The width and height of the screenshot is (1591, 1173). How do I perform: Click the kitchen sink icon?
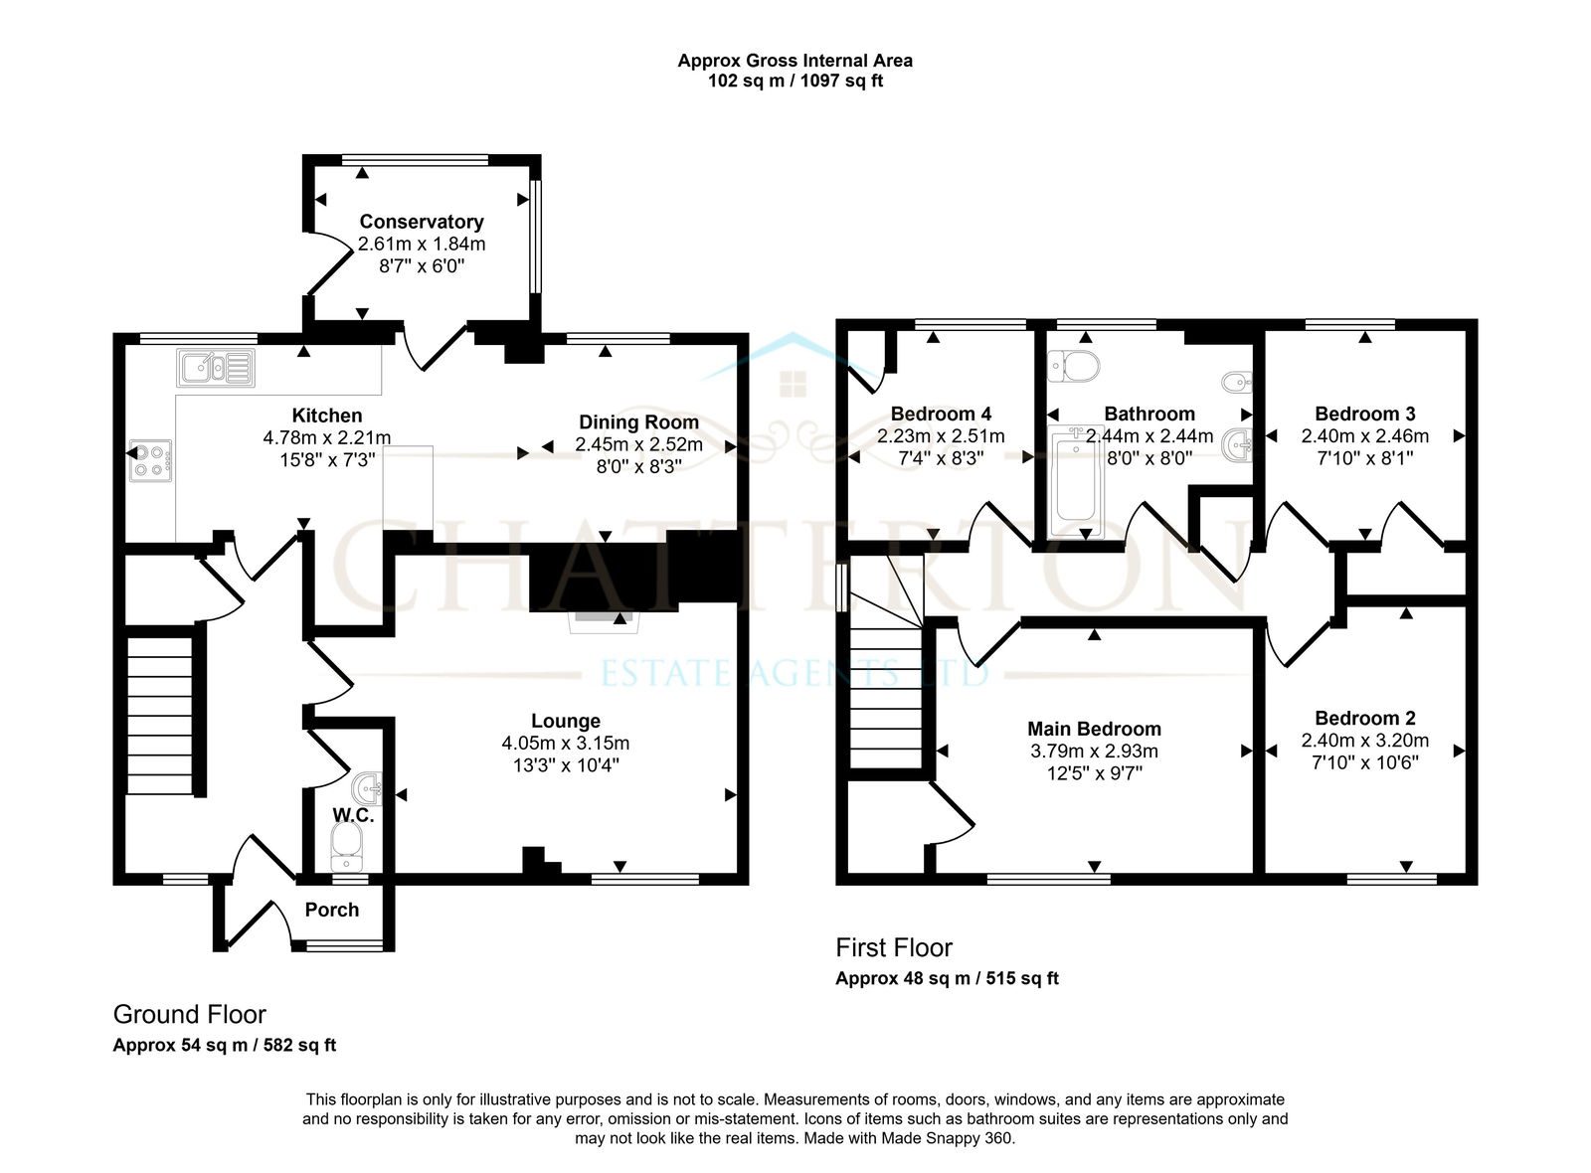click(x=216, y=369)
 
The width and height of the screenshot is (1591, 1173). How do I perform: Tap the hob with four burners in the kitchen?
click(x=150, y=461)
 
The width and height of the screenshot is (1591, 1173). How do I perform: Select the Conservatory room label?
click(x=422, y=222)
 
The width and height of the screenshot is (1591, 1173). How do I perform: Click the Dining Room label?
click(x=638, y=421)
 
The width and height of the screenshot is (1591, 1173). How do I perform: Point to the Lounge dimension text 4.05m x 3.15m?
click(x=566, y=743)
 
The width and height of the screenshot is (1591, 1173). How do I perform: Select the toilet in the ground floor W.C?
click(x=347, y=848)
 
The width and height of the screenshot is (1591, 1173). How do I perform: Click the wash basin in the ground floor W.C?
click(x=367, y=789)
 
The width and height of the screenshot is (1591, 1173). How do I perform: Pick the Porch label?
click(x=332, y=910)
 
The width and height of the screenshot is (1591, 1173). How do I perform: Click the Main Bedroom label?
click(x=1094, y=729)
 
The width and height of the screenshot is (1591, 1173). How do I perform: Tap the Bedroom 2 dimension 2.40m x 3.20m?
click(x=1364, y=740)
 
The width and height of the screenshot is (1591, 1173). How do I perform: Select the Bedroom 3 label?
click(x=1364, y=414)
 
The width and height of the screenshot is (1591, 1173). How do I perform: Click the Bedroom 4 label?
click(x=941, y=414)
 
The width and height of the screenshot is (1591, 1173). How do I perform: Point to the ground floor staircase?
click(x=160, y=716)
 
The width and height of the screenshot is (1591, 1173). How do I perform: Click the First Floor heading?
click(x=894, y=947)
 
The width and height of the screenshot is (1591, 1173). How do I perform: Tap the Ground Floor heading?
click(x=189, y=1014)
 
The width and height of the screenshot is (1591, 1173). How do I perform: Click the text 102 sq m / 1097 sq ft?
click(x=795, y=81)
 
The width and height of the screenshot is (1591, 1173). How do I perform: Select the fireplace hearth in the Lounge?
click(x=604, y=622)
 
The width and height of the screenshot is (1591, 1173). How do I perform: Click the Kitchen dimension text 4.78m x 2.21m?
click(x=327, y=437)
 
